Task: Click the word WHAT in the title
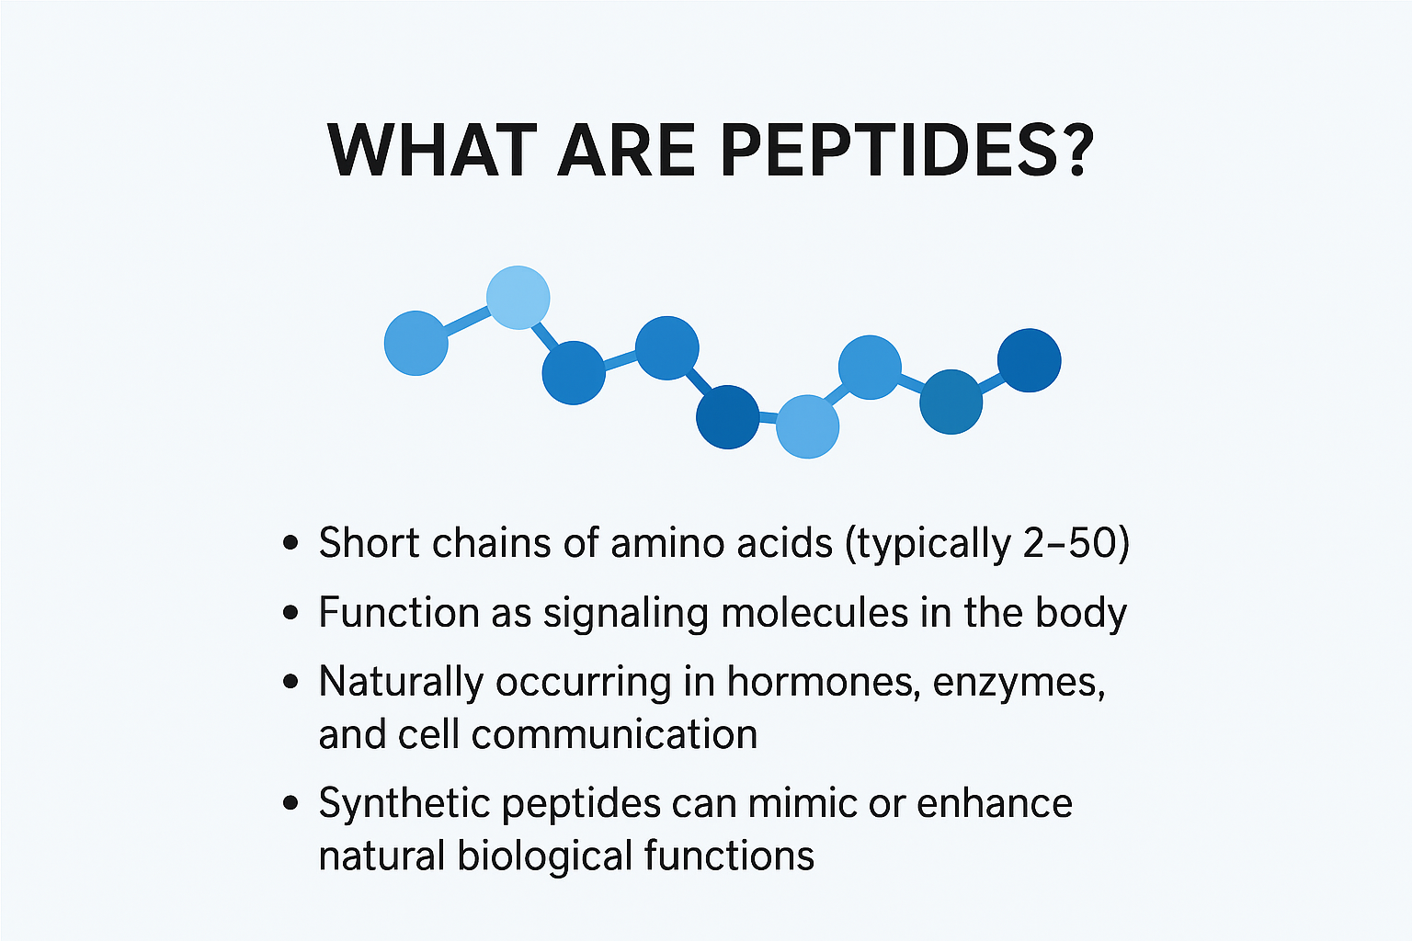coord(432,151)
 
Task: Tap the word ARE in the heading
coord(626,151)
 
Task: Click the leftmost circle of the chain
coord(416,344)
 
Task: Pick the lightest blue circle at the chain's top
coord(518,298)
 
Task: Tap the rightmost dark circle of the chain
coord(1030,360)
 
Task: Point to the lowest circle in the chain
coord(807,426)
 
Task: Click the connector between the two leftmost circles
coord(467,320)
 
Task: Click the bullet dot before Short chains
coord(290,543)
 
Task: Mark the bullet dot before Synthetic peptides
coord(290,803)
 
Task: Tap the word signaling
coord(626,613)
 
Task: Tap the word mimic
coord(803,803)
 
